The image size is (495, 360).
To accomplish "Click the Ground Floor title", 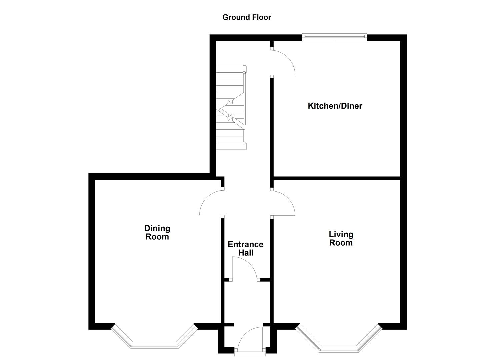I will tap(247, 17).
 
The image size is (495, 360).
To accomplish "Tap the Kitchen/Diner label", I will tap(335, 106).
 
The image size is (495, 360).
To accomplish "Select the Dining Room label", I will tap(157, 232).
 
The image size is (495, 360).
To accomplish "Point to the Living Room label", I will tap(341, 238).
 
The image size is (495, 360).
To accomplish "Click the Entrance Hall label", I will tap(245, 248).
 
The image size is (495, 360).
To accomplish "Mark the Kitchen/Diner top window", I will tap(334, 37).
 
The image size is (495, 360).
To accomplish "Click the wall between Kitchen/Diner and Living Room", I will tap(337, 177).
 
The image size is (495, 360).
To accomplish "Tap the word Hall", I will tap(246, 253).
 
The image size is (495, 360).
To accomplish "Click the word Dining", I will tap(157, 228).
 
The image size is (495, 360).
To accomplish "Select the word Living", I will tap(341, 234).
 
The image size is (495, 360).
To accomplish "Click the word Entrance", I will tap(245, 244).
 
